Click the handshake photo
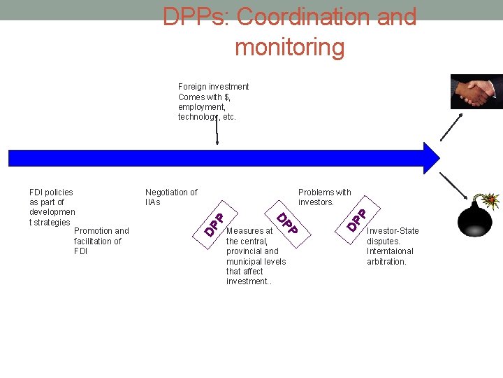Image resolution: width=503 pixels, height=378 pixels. point(476,91)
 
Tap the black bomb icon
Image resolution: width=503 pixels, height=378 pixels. point(475,220)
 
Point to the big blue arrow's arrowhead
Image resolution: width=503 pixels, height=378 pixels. point(431,158)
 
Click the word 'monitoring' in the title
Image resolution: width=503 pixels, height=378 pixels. point(289,48)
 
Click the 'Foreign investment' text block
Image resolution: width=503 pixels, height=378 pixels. point(213,101)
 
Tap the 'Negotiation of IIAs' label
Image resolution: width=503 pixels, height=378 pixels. point(171,197)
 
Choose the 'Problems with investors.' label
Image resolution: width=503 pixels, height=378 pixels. point(324,197)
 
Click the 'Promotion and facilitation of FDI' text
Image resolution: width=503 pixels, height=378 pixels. point(101,241)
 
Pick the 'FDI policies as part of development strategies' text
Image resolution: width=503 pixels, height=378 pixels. point(52,206)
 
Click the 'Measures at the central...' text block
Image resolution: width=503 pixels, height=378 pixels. point(256,255)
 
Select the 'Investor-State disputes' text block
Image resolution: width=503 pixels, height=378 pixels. point(393,246)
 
